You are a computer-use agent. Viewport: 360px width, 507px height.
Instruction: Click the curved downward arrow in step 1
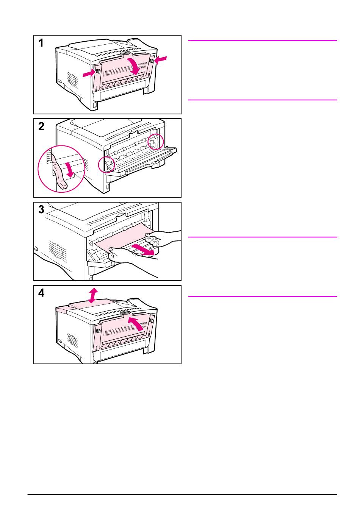(x=135, y=66)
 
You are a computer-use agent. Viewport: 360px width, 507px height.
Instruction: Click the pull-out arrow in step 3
(x=143, y=250)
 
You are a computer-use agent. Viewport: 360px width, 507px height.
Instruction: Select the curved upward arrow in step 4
(x=137, y=323)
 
